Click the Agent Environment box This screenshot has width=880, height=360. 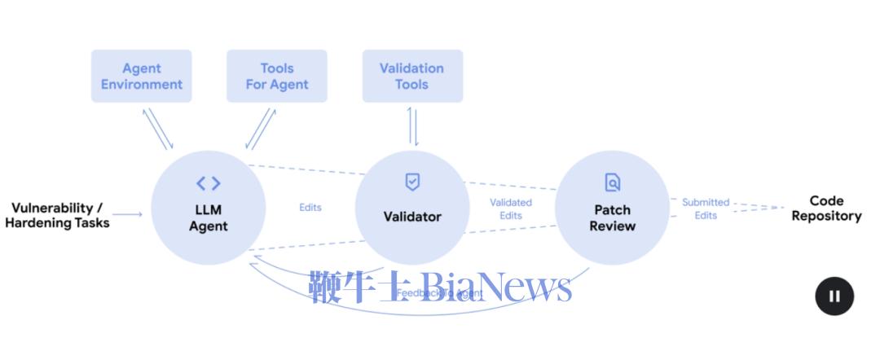click(142, 77)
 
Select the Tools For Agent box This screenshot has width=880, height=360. click(277, 77)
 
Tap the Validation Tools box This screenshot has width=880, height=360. click(412, 77)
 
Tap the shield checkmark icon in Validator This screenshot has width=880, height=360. click(412, 182)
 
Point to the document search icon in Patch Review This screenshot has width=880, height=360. click(612, 182)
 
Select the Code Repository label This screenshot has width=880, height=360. click(826, 209)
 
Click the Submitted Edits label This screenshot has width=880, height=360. click(706, 209)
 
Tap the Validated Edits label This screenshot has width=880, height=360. click(511, 209)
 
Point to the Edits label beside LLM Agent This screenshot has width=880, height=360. click(310, 208)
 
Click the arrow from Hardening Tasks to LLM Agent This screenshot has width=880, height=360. click(130, 215)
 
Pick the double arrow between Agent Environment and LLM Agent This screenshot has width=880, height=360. click(159, 128)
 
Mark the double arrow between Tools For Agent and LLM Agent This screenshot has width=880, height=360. click(261, 129)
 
